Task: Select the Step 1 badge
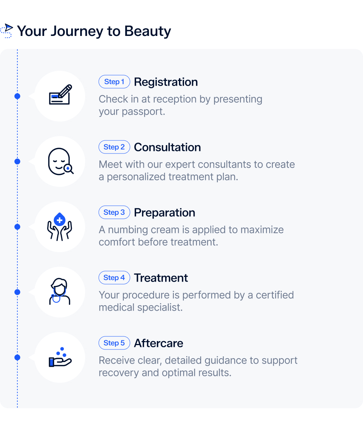pos(114,82)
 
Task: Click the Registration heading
pos(166,82)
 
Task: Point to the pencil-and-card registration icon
pos(60,95)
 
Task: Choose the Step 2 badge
pos(114,147)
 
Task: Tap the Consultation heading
pos(167,147)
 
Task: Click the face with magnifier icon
pos(60,161)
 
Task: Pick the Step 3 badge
pos(114,212)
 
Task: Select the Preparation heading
pos(164,213)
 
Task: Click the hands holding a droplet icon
pos(60,226)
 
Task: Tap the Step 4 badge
pos(114,278)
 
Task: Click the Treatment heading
pos(161,278)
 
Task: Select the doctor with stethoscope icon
pos(60,292)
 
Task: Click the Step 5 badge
pos(114,343)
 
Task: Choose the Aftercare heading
pos(158,343)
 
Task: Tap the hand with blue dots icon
pos(60,357)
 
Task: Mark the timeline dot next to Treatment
pos(17,292)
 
